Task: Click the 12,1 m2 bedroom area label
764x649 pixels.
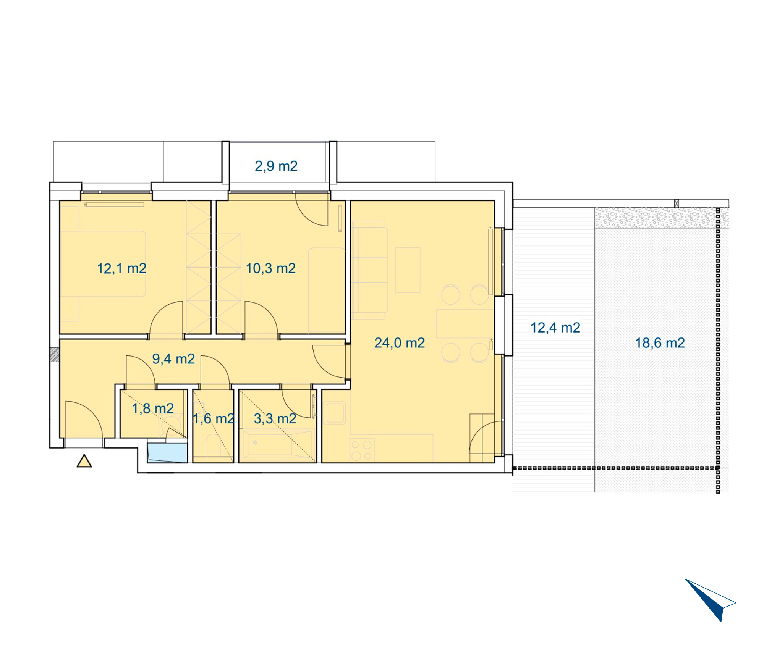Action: coord(121,268)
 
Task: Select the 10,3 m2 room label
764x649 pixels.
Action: coord(270,268)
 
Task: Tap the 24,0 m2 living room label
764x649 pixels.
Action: coord(399,343)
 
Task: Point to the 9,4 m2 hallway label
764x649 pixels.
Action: coord(173,359)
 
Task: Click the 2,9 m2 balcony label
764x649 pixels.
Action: coord(276,166)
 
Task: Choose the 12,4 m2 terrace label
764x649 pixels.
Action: coord(555,328)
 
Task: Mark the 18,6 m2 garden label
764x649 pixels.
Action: coord(660,343)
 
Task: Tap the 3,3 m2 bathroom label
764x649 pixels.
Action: coord(275,419)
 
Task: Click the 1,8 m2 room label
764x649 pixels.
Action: coord(153,409)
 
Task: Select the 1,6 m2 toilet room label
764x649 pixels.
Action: coord(214,419)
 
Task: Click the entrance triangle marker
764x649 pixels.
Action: coord(84,461)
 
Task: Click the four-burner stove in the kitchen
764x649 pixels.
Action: coord(362,450)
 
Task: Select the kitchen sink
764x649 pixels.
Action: coord(334,413)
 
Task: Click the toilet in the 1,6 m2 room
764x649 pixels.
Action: coord(213,445)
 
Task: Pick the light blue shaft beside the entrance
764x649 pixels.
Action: coord(167,453)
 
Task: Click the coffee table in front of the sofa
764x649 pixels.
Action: coord(408,270)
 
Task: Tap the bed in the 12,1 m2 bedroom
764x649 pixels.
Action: coord(103,264)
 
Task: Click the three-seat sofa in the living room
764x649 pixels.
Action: coord(369,270)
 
